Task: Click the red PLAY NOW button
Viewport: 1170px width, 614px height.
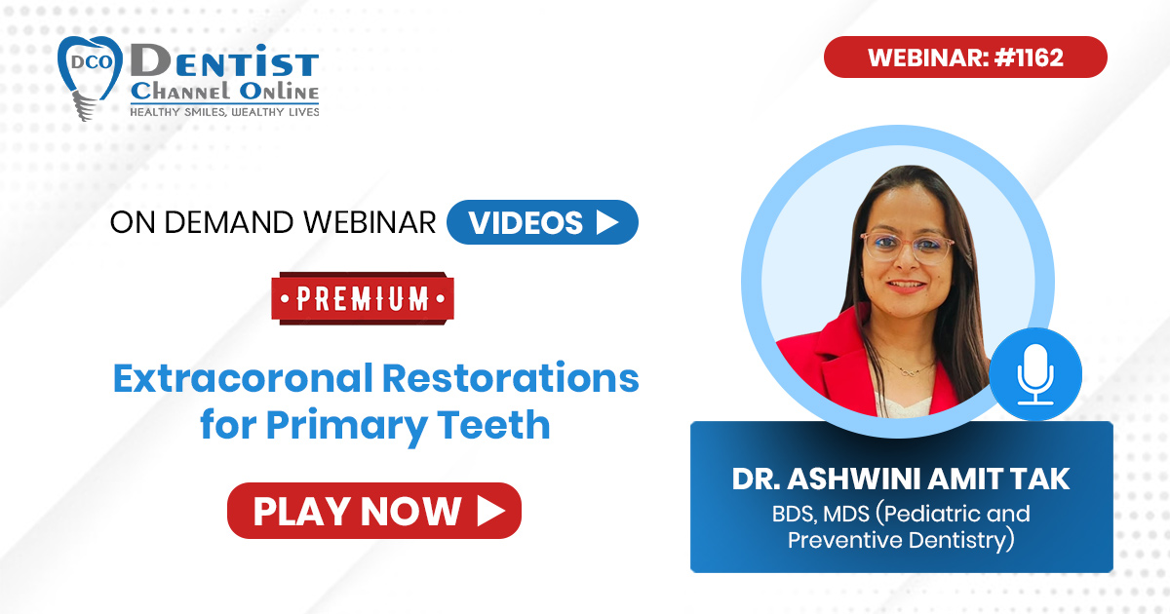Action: (x=374, y=511)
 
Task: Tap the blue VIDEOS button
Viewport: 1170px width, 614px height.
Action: (x=542, y=222)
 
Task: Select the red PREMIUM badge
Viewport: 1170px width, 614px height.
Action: (x=363, y=298)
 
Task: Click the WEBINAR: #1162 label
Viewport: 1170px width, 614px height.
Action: (x=965, y=57)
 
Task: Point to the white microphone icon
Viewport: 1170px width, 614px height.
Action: (x=1034, y=375)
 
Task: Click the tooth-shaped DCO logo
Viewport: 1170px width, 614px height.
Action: (x=90, y=77)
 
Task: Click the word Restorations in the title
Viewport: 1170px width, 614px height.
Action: (x=511, y=378)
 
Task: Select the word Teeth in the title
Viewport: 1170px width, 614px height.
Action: (x=493, y=425)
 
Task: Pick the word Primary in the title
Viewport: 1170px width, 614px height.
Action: (x=347, y=426)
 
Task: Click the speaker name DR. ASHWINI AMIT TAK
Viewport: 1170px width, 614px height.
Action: (x=901, y=479)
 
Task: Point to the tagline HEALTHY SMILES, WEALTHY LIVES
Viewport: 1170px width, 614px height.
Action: (x=224, y=112)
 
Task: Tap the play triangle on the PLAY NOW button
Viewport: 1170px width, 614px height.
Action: (x=490, y=511)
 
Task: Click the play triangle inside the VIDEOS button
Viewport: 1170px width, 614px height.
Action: (x=606, y=222)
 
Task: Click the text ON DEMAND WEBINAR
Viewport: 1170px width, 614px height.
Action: (x=273, y=222)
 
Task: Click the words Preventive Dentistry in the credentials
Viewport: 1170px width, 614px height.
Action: (x=901, y=540)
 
